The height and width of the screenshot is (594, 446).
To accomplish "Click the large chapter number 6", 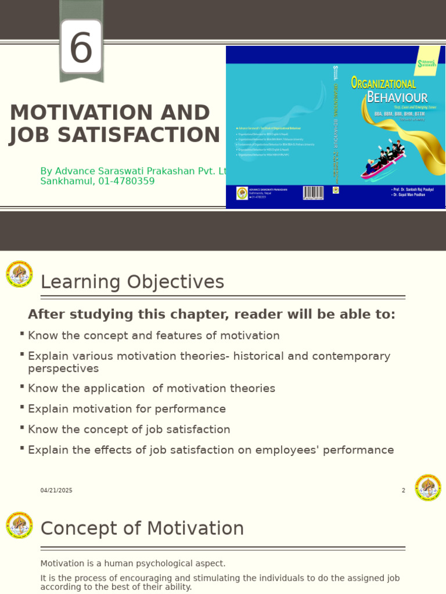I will click(x=81, y=48).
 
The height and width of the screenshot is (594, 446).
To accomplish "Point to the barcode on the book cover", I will click(x=313, y=193).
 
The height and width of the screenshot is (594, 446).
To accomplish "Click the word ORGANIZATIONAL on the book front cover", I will click(x=383, y=84).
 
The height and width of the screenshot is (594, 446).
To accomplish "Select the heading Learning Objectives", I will click(x=132, y=282).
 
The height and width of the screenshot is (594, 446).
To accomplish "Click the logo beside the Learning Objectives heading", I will click(x=19, y=274).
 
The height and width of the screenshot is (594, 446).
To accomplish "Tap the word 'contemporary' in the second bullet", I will click(x=355, y=356).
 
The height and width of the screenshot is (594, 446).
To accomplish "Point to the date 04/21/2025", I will click(x=56, y=490).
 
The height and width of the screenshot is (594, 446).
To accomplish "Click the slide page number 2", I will click(x=403, y=490).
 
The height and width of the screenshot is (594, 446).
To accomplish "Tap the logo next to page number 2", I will click(x=428, y=487).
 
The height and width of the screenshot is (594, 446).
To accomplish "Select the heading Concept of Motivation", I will click(x=142, y=528).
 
